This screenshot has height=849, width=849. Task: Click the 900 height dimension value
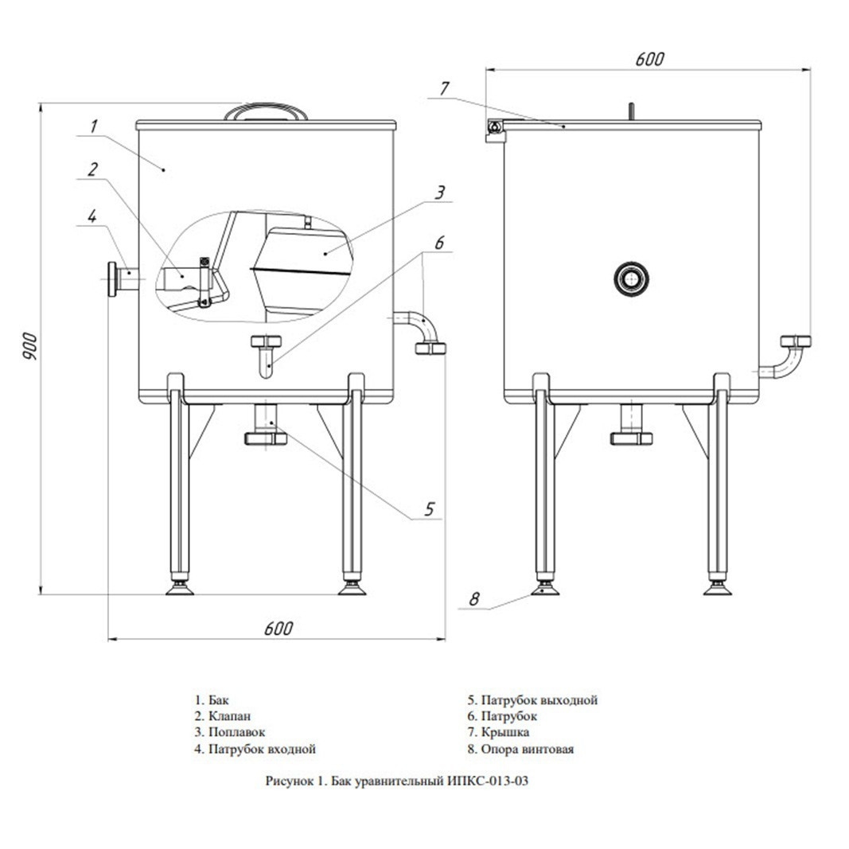click(30, 347)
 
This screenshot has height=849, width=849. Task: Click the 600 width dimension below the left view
click(278, 628)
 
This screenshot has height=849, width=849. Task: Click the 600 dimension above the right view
click(650, 59)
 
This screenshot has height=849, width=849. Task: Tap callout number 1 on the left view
click(94, 127)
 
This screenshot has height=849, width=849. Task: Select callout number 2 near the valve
click(93, 169)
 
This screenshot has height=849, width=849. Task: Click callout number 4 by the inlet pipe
click(92, 216)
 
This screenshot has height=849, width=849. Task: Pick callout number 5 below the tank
click(430, 509)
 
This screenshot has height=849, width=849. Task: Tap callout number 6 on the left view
click(439, 243)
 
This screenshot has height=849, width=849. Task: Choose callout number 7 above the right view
click(444, 88)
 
